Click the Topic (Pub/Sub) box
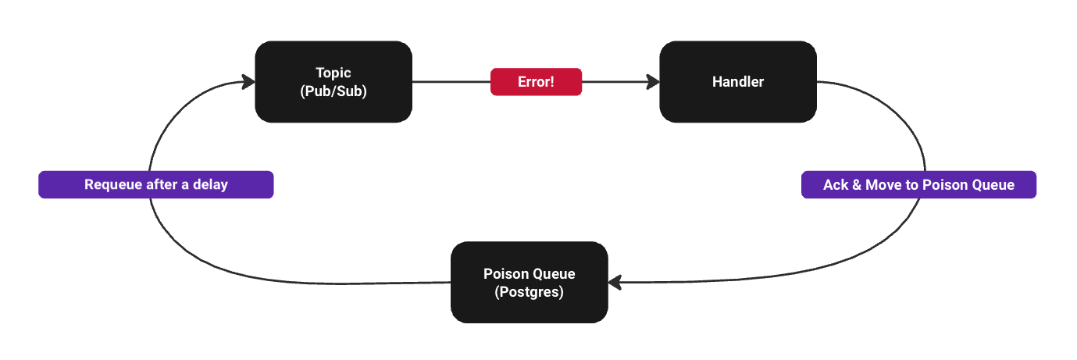[x=333, y=82]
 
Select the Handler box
[x=738, y=82]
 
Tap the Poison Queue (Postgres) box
[x=530, y=283]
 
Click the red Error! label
[x=536, y=82]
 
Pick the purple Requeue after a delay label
[x=156, y=185]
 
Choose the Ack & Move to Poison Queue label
[x=918, y=185]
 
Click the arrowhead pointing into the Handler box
[x=653, y=82]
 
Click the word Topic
[x=333, y=73]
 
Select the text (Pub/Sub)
[x=333, y=91]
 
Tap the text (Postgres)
[x=530, y=292]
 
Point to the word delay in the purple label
[x=211, y=185]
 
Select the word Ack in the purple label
[x=836, y=185]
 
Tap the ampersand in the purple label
[x=857, y=185]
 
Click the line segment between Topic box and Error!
[x=451, y=82]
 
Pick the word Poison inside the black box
[x=505, y=274]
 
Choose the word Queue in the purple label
[x=993, y=185]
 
